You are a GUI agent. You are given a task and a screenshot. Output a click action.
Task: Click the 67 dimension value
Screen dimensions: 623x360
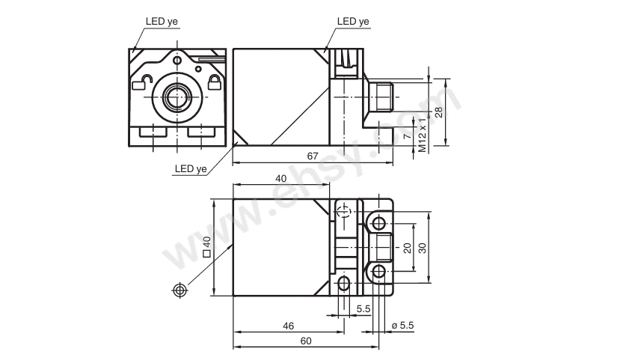pyautogui.click(x=313, y=156)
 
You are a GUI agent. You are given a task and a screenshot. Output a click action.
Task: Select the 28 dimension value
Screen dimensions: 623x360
pyautogui.click(x=438, y=112)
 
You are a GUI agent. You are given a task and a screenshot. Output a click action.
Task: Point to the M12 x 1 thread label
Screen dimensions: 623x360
pyautogui.click(x=423, y=135)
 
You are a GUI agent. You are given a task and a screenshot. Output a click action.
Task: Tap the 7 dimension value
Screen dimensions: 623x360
pyautogui.click(x=407, y=136)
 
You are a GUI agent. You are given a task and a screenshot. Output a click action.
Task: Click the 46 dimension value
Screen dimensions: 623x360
pyautogui.click(x=289, y=326)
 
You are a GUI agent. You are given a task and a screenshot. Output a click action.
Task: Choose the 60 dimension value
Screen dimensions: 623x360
pyautogui.click(x=306, y=341)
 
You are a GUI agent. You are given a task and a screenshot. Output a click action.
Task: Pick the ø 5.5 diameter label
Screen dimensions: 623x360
pyautogui.click(x=402, y=326)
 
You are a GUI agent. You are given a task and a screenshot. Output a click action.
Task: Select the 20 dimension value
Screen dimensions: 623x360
pyautogui.click(x=408, y=248)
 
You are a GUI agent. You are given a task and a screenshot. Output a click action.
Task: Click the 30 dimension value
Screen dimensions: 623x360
pyautogui.click(x=423, y=248)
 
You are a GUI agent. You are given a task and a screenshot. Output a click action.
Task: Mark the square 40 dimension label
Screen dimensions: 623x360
pyautogui.click(x=206, y=247)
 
